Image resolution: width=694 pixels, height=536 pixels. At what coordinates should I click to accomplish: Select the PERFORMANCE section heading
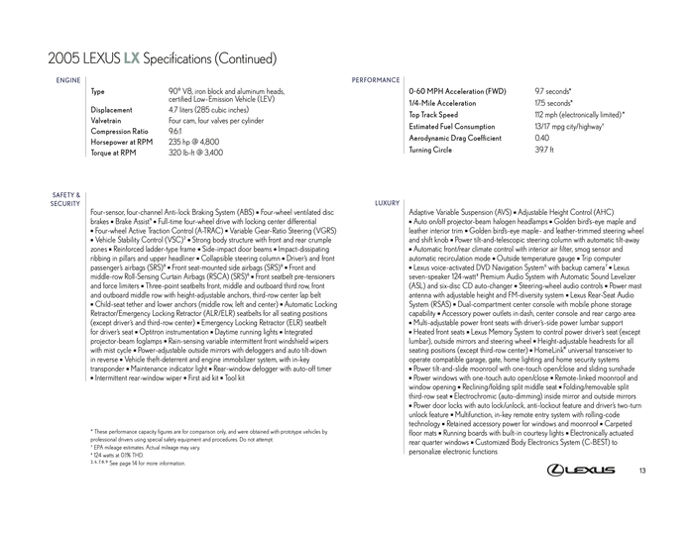click(x=376, y=79)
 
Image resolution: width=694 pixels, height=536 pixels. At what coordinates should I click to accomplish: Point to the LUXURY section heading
click(x=387, y=202)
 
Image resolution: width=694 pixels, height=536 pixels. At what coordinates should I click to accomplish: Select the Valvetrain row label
click(x=109, y=121)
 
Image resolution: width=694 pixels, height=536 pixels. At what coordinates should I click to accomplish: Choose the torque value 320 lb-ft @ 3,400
click(x=196, y=154)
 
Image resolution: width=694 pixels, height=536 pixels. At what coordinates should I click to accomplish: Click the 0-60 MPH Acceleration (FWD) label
click(x=457, y=91)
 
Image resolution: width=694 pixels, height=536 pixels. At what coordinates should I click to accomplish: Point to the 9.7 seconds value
click(x=553, y=91)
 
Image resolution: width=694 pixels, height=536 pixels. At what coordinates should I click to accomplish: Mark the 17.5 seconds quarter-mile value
click(x=554, y=103)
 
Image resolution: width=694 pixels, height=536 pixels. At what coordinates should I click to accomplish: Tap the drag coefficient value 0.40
click(x=542, y=138)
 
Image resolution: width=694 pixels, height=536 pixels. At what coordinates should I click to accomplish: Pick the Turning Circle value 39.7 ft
click(x=544, y=150)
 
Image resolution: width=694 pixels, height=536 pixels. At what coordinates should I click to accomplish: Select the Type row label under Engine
click(x=97, y=91)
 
